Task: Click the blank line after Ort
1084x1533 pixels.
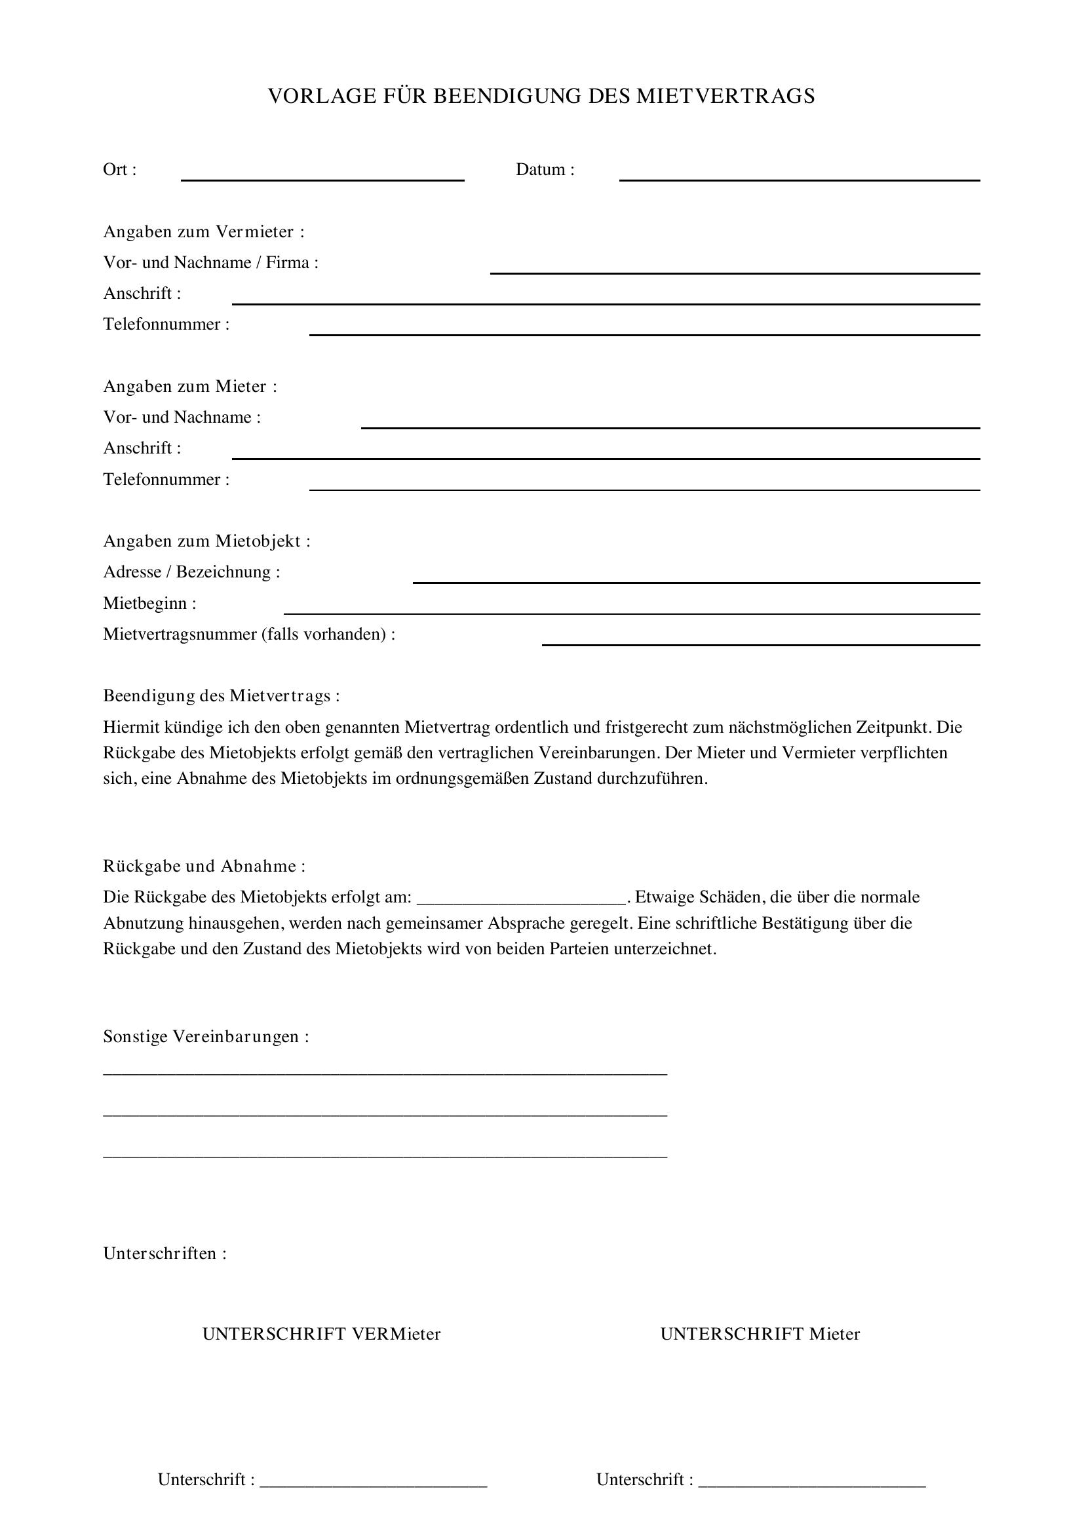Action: pyautogui.click(x=322, y=179)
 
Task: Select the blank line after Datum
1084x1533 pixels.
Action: pyautogui.click(x=799, y=179)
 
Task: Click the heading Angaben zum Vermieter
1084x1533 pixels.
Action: pyautogui.click(x=204, y=231)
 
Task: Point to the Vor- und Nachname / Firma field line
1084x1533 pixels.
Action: pyautogui.click(x=734, y=272)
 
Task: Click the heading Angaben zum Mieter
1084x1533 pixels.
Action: pyautogui.click(x=189, y=387)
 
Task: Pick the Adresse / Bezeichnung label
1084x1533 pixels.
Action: pyautogui.click(x=191, y=572)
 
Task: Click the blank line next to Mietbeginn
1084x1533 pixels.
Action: pyautogui.click(x=631, y=612)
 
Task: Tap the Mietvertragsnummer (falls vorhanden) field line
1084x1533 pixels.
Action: pyautogui.click(x=760, y=644)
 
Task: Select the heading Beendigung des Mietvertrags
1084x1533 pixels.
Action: pyautogui.click(x=221, y=696)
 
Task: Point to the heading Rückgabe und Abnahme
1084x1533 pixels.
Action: pyautogui.click(x=204, y=866)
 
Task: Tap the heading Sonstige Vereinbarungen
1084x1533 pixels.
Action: pyautogui.click(x=206, y=1036)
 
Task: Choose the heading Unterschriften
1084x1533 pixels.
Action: pyautogui.click(x=165, y=1253)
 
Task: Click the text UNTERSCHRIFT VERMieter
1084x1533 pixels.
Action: pyautogui.click(x=321, y=1333)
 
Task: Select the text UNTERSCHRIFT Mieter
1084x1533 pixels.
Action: pyautogui.click(x=760, y=1333)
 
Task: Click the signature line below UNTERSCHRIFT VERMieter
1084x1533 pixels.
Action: pyautogui.click(x=373, y=1481)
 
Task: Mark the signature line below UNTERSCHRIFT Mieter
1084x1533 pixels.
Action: pyautogui.click(x=811, y=1481)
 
